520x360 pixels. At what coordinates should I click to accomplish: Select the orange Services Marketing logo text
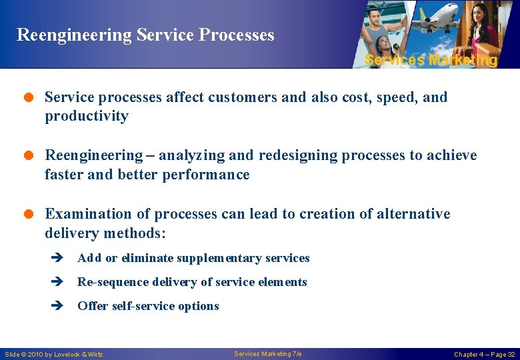[431, 60]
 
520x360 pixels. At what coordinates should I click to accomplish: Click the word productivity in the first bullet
[86, 117]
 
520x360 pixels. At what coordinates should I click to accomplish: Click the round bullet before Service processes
[29, 98]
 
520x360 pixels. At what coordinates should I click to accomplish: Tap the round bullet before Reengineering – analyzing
[29, 156]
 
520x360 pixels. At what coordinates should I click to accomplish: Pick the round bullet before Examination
[29, 215]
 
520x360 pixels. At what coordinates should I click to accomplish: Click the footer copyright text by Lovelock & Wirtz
[54, 354]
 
